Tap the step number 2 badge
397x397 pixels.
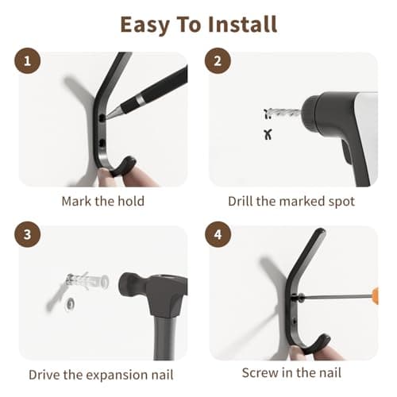(x=220, y=62)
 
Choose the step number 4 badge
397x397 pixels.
(x=220, y=235)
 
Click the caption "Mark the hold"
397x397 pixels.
(x=103, y=201)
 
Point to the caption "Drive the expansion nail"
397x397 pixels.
(x=100, y=374)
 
